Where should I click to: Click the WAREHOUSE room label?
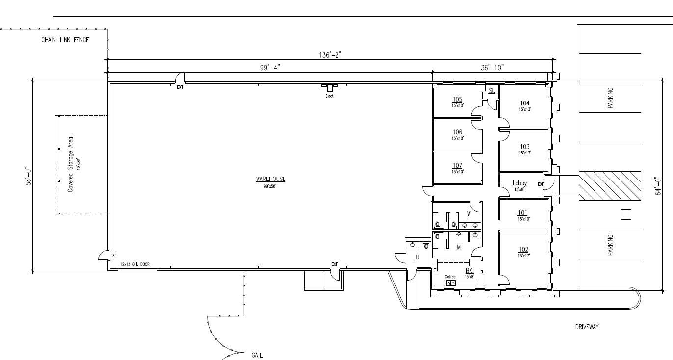(x=270, y=179)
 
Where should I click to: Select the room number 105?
(x=457, y=100)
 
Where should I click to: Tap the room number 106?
(x=457, y=132)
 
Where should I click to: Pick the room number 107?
(x=457, y=166)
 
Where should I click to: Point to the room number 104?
(x=524, y=103)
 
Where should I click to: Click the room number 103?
(x=524, y=147)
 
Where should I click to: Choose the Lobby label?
(x=519, y=183)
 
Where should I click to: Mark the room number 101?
(x=523, y=213)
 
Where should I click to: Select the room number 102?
(x=523, y=250)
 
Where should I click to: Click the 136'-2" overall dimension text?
(x=330, y=55)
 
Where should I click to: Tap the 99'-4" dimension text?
(x=270, y=67)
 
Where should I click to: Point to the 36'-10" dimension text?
(x=492, y=67)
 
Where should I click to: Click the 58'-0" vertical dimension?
(x=29, y=177)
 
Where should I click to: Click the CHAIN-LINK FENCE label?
(x=65, y=40)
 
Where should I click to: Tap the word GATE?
(x=257, y=355)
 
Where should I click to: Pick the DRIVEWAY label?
(x=587, y=327)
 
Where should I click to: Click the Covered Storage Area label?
(x=71, y=164)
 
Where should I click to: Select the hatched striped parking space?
(x=610, y=186)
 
